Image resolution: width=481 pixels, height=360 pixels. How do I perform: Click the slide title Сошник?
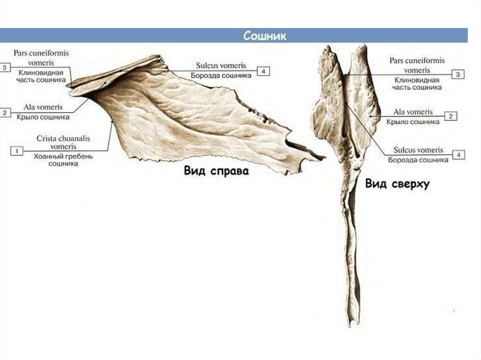click(264, 36)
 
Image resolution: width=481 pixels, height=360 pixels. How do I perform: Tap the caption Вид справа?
click(216, 171)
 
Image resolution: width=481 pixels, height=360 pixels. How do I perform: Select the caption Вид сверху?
click(397, 184)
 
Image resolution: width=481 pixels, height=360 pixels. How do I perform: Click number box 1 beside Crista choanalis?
click(16, 151)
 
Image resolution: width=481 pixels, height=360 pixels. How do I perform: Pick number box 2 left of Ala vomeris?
click(5, 113)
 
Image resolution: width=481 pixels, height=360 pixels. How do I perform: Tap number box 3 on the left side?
click(5, 68)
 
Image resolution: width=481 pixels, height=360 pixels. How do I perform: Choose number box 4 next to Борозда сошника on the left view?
click(264, 71)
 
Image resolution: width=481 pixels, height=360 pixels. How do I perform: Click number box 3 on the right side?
click(458, 74)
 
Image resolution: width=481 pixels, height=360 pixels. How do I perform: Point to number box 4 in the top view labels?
click(458, 154)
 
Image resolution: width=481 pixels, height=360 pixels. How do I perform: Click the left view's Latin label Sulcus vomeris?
click(221, 66)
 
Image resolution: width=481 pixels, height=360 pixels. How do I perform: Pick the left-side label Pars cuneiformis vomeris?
click(41, 58)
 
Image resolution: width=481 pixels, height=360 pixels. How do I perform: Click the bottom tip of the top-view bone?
click(352, 325)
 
